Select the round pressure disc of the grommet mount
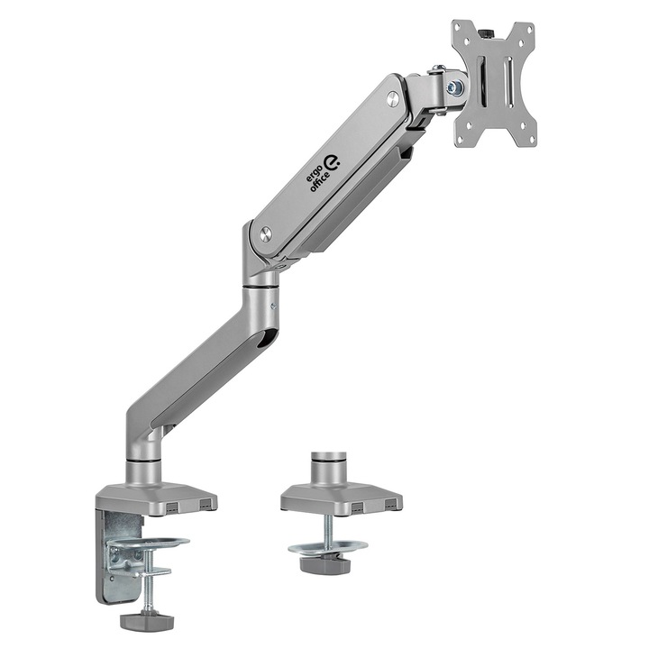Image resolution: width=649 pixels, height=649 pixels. tap(327, 546)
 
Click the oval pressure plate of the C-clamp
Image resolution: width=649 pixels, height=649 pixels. tap(150, 544)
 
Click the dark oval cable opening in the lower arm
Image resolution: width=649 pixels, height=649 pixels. tap(262, 340)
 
